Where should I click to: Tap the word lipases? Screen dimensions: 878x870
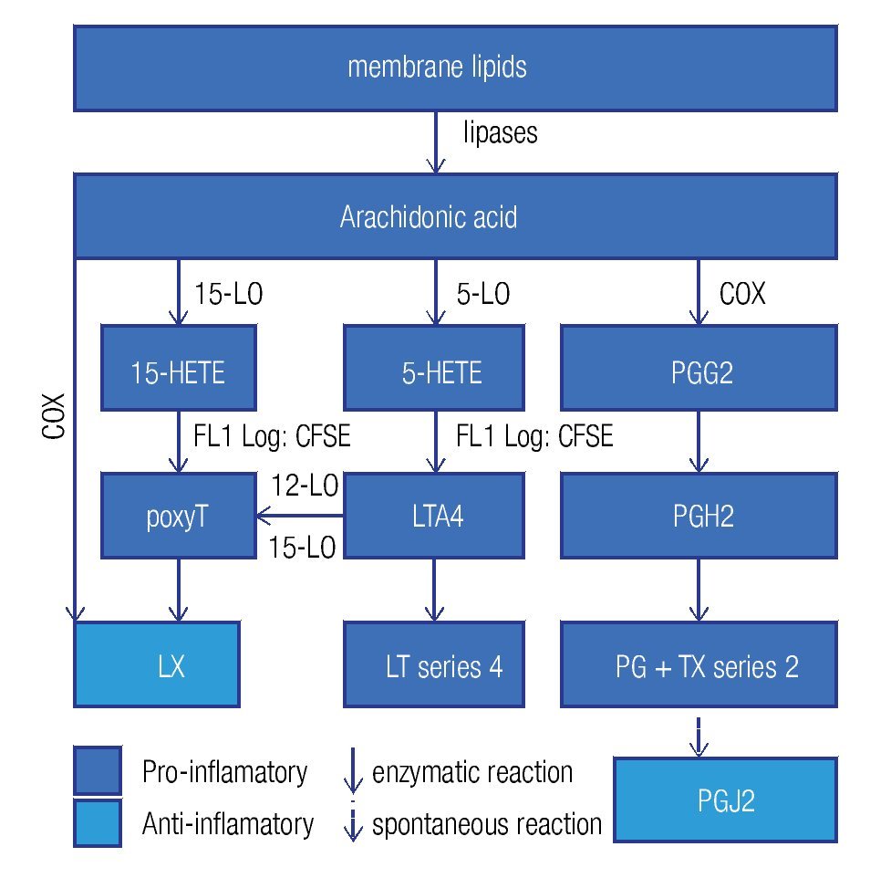[x=500, y=133]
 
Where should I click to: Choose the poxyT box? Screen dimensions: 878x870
[x=178, y=516]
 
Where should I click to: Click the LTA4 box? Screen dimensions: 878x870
[x=433, y=516]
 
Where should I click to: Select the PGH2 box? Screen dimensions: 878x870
[x=699, y=516]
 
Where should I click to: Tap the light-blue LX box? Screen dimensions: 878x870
[x=156, y=664]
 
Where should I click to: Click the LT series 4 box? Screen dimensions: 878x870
[x=433, y=664]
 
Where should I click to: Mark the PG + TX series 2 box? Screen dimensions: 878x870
[x=699, y=664]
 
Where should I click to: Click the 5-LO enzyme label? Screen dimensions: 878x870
[x=482, y=294]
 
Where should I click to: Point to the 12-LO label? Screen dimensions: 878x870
[x=304, y=487]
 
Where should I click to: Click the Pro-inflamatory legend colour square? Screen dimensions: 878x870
[x=98, y=771]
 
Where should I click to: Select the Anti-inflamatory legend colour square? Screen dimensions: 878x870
[x=98, y=823]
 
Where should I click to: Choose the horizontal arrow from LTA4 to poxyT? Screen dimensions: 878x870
[x=300, y=517]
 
